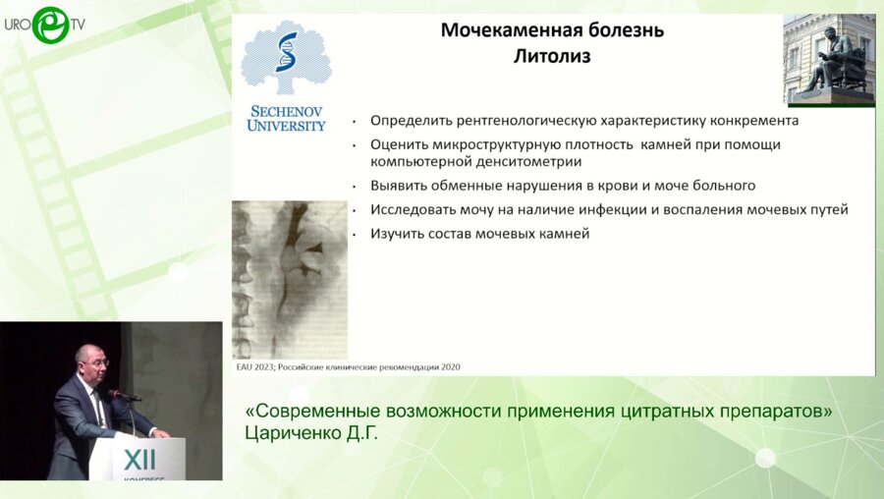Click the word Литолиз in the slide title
pos(552,56)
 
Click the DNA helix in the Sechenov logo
pos(287,52)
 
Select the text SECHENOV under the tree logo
pos(287,111)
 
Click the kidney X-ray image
pos(290,280)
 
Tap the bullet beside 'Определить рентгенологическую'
pos(354,121)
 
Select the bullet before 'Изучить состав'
pos(354,234)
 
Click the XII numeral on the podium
pos(139,460)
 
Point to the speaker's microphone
pos(125,395)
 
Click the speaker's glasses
pos(98,363)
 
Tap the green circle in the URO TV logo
pos(50,25)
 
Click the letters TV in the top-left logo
pos(78,25)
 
